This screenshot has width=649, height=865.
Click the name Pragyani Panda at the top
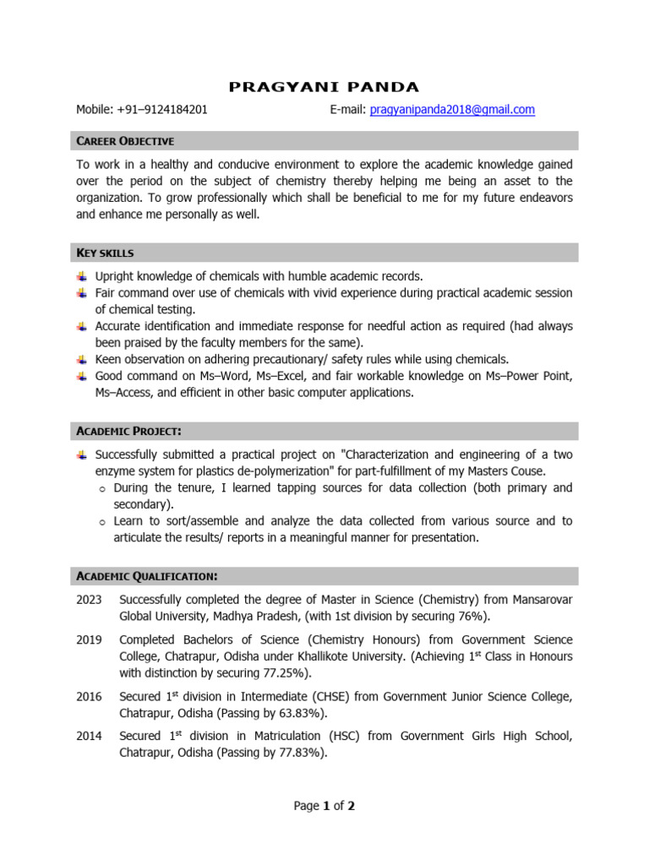[324, 87]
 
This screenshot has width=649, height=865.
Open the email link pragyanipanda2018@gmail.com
[452, 110]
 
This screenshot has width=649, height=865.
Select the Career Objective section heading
[125, 140]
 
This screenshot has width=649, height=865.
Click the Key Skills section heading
[105, 253]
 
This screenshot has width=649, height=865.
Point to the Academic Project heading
[128, 431]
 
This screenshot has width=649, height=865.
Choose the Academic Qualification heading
[147, 576]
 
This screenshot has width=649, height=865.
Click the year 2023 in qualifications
[89, 600]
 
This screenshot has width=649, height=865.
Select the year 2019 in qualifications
[89, 640]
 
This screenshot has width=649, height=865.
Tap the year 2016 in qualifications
[89, 697]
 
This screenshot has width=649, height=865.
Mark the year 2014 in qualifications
[89, 737]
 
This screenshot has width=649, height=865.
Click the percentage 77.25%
[283, 673]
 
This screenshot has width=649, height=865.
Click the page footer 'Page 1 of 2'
[324, 806]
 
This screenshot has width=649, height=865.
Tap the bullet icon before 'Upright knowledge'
[81, 276]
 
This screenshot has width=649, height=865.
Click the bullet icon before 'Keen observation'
[81, 359]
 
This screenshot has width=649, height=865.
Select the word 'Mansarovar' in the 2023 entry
[539, 600]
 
